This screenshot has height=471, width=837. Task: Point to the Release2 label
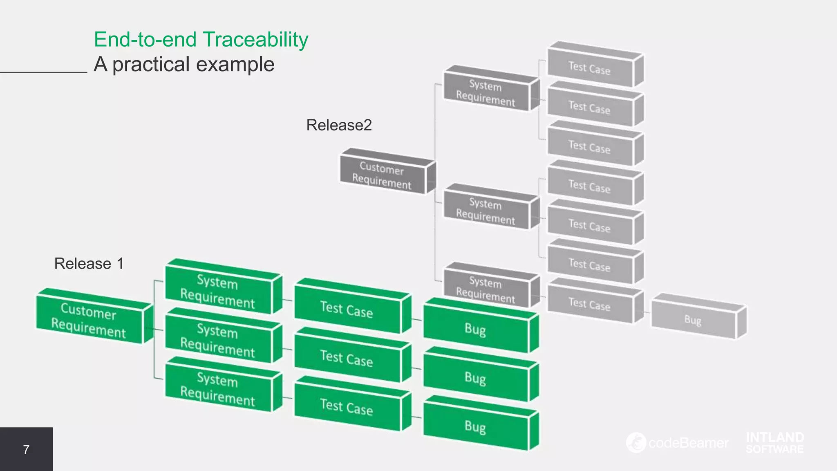(339, 125)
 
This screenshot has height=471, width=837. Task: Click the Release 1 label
(89, 264)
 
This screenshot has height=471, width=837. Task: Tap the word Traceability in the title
(255, 40)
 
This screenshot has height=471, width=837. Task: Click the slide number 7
(26, 450)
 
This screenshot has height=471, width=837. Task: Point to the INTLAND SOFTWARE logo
(774, 443)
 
